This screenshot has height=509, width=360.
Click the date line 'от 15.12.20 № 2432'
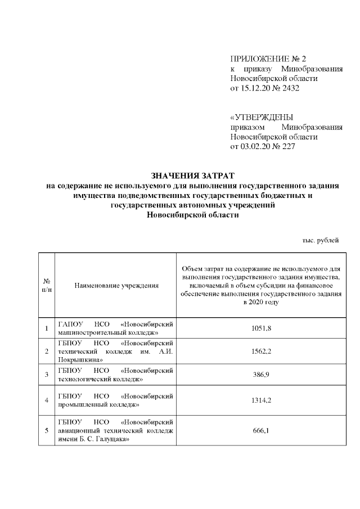click(267, 88)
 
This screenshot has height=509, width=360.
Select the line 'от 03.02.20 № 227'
click(263, 147)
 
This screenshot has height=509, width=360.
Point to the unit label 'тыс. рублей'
click(321, 240)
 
